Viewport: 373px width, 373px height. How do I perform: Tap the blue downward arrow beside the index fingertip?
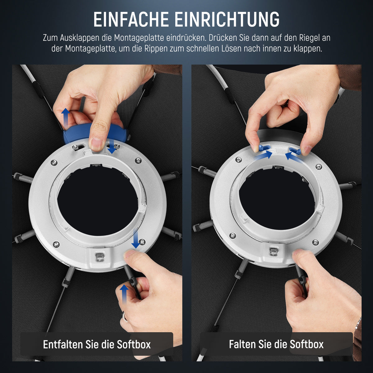coord(112,146)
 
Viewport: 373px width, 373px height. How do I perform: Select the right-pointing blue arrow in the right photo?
coord(264,155)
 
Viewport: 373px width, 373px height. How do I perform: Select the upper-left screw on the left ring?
coord(54,162)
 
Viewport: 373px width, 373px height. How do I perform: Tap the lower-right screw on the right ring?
coord(315,242)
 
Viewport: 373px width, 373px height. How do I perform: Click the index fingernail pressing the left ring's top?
coord(97,143)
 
